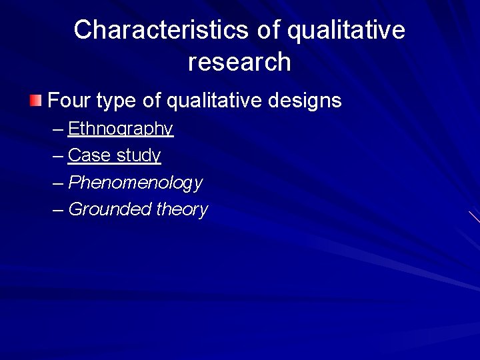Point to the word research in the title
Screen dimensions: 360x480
click(x=239, y=62)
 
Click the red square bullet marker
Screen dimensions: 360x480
click(x=35, y=101)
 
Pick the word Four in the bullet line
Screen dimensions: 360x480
click(x=69, y=101)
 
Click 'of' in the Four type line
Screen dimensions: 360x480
click(x=152, y=101)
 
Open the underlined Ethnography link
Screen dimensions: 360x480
click(x=121, y=129)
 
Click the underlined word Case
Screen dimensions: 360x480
click(x=89, y=155)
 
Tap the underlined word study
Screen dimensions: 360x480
click(x=139, y=156)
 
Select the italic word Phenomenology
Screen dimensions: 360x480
click(x=135, y=183)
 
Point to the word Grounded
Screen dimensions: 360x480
click(x=110, y=209)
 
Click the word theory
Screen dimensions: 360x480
click(x=182, y=209)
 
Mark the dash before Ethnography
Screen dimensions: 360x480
click(x=58, y=129)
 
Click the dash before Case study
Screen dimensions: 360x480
click(x=58, y=156)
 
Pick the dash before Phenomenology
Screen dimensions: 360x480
click(x=58, y=183)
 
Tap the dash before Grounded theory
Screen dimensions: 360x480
click(x=58, y=209)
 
